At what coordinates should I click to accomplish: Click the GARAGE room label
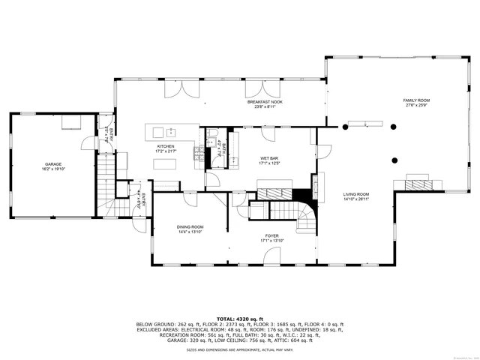(52, 163)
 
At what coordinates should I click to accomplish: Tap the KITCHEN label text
(165, 146)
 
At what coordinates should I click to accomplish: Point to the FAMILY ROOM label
(416, 100)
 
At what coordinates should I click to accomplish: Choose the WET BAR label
(269, 158)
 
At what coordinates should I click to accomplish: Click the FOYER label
(270, 235)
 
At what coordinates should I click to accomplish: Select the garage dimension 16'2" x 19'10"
(52, 169)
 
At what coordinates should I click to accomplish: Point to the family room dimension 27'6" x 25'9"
(416, 105)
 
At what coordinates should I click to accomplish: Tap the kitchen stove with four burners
(198, 154)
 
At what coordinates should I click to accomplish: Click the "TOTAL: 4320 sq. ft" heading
(240, 319)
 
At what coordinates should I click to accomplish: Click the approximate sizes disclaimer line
(240, 349)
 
